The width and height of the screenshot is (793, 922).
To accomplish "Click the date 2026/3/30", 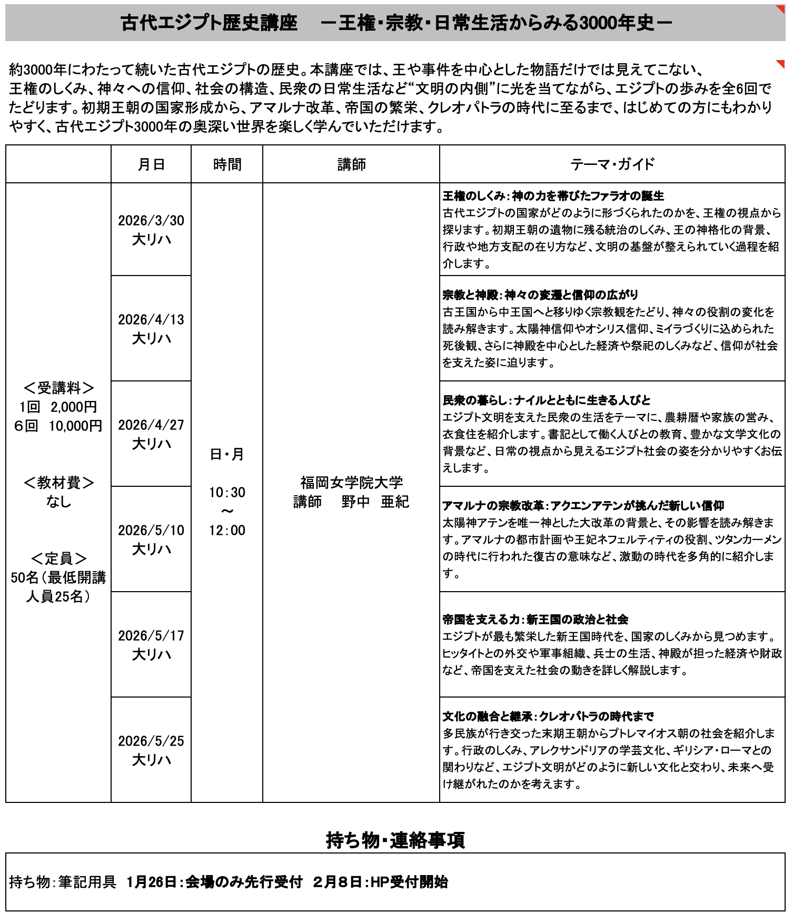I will [151, 220].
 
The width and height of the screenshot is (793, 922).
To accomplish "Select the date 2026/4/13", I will [151, 319].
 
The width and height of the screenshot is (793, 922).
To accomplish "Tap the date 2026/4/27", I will [151, 425].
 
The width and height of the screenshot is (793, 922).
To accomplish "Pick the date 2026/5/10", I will [151, 530].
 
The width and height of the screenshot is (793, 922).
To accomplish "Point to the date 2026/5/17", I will [151, 635].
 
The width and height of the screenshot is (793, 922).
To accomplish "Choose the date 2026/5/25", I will [151, 741].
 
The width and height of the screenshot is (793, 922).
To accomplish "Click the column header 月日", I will [151, 164].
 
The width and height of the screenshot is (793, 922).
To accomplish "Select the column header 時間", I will [227, 164].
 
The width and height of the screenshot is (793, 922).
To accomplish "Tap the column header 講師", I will [351, 164].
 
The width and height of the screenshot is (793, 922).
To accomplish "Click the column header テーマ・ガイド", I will [612, 164].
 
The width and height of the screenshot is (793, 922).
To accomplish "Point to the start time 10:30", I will [227, 492].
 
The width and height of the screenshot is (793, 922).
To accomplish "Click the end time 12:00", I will [227, 530].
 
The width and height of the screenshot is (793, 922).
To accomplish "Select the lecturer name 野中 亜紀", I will [375, 502].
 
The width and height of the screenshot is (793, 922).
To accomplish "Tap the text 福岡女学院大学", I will [351, 482].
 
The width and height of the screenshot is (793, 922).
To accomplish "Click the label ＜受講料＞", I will [58, 388].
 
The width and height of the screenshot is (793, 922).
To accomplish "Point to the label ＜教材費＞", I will [58, 482].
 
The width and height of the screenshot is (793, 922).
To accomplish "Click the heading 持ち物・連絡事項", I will [395, 840].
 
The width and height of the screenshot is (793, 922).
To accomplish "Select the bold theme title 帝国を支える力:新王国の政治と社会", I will [535, 619].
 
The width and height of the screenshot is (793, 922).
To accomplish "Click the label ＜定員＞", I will [58, 558].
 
